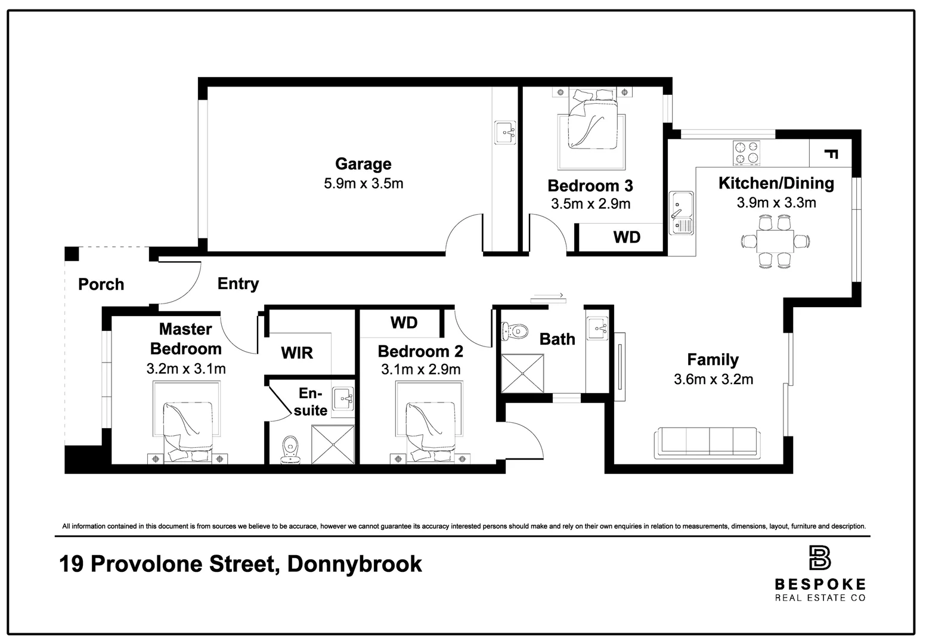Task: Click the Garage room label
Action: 363,164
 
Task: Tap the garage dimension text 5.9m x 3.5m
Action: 363,184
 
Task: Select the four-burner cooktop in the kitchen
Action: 746,153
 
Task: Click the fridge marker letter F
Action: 831,154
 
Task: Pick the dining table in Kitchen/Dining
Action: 775,241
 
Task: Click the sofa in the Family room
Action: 707,442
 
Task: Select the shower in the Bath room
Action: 522,373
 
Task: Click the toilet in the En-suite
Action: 290,450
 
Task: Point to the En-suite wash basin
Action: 343,399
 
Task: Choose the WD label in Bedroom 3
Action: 627,237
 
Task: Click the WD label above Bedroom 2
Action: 404,323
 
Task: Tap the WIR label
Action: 297,353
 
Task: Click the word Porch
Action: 101,284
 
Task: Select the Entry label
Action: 238,284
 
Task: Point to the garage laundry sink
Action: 505,132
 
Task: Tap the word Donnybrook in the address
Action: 355,564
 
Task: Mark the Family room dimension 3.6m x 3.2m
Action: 714,379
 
